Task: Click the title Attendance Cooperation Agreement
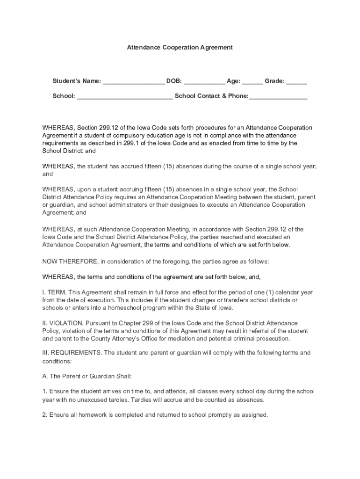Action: (180, 48)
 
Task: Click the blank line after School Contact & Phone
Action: (279, 97)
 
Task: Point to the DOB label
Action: (174, 81)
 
